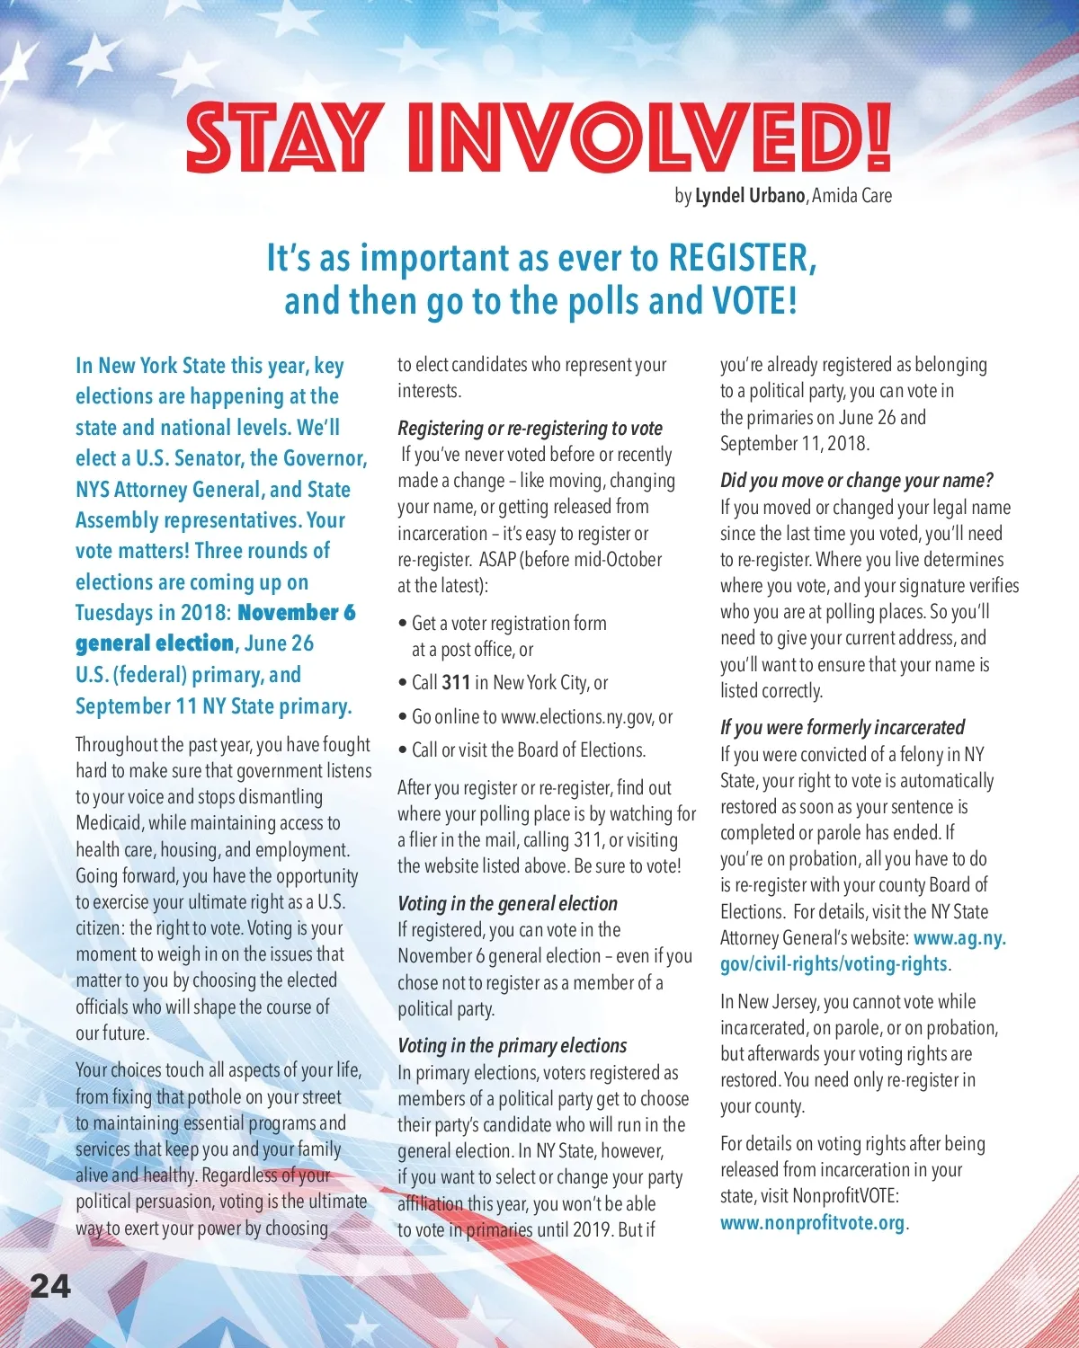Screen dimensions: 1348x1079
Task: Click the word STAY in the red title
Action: [x=280, y=138]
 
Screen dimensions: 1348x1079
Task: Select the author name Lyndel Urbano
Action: [x=750, y=196]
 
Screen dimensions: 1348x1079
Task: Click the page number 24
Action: [x=50, y=1287]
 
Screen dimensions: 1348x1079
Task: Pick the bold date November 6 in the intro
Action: [x=297, y=613]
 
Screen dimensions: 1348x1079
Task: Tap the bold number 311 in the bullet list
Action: [x=456, y=683]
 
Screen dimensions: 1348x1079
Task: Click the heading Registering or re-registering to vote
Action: [x=530, y=429]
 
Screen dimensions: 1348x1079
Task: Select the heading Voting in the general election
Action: [x=507, y=904]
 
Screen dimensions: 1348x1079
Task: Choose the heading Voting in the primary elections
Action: [x=512, y=1046]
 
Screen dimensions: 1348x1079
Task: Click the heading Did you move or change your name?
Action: [x=856, y=481]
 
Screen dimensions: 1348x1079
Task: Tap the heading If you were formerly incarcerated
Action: [x=842, y=728]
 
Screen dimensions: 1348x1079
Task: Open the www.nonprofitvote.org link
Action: [x=812, y=1223]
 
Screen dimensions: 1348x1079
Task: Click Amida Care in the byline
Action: [x=852, y=196]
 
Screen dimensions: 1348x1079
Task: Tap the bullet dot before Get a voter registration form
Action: [x=403, y=624]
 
